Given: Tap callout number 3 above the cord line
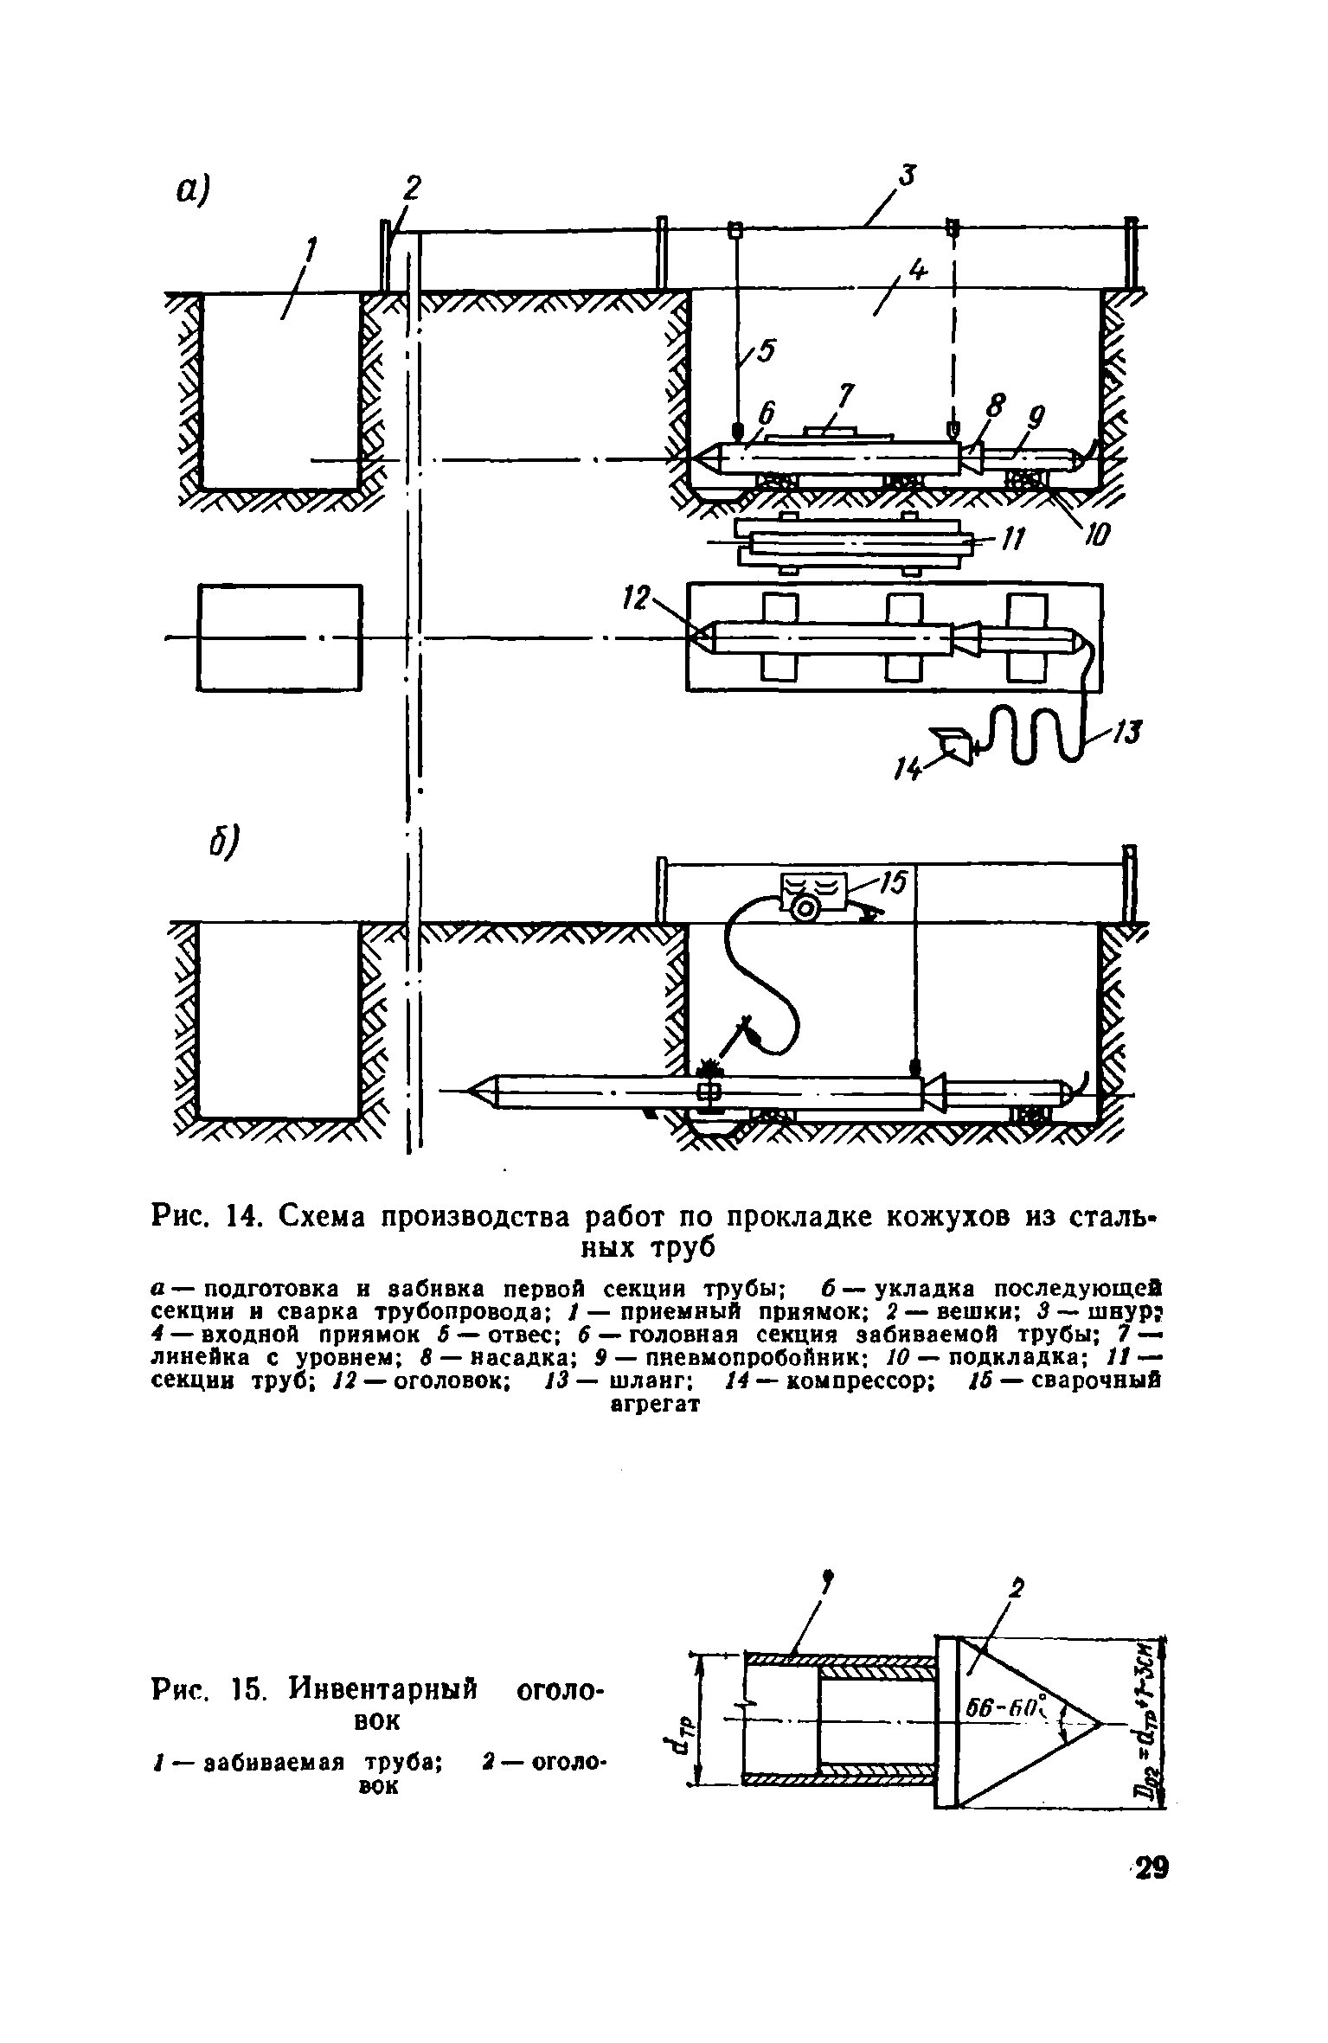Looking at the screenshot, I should tap(906, 176).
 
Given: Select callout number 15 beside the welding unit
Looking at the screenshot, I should tap(891, 882).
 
